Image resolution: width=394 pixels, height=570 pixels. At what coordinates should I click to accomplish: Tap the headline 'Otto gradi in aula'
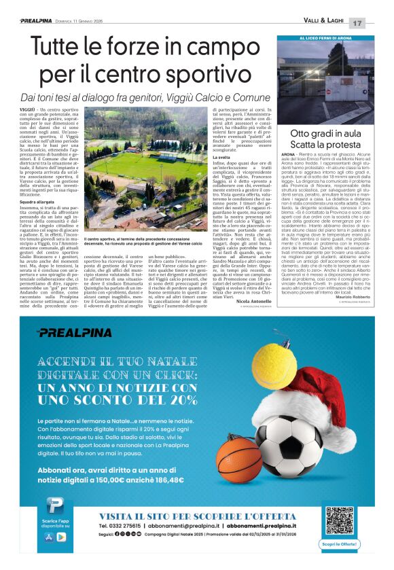tap(325, 133)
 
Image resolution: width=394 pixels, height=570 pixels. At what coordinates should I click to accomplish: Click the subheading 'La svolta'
tap(222, 157)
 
